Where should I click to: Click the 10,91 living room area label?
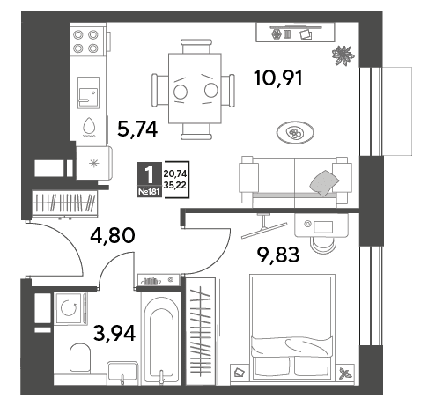click(278, 78)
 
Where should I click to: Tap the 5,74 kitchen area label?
click(137, 129)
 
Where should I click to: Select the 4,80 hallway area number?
click(113, 235)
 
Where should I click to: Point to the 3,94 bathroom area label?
click(114, 334)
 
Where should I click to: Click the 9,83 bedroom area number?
click(278, 255)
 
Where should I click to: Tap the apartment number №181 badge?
click(149, 192)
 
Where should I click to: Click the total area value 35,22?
click(175, 186)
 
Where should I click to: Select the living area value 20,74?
click(175, 174)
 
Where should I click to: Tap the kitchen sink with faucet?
click(88, 92)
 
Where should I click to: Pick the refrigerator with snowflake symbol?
click(94, 163)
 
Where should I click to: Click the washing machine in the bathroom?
click(70, 308)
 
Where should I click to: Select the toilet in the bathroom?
click(80, 358)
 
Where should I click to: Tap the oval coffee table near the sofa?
click(295, 133)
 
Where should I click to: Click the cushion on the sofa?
click(324, 183)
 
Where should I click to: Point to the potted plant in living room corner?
click(343, 55)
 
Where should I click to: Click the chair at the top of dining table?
click(196, 47)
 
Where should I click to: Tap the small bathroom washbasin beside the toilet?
click(122, 373)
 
